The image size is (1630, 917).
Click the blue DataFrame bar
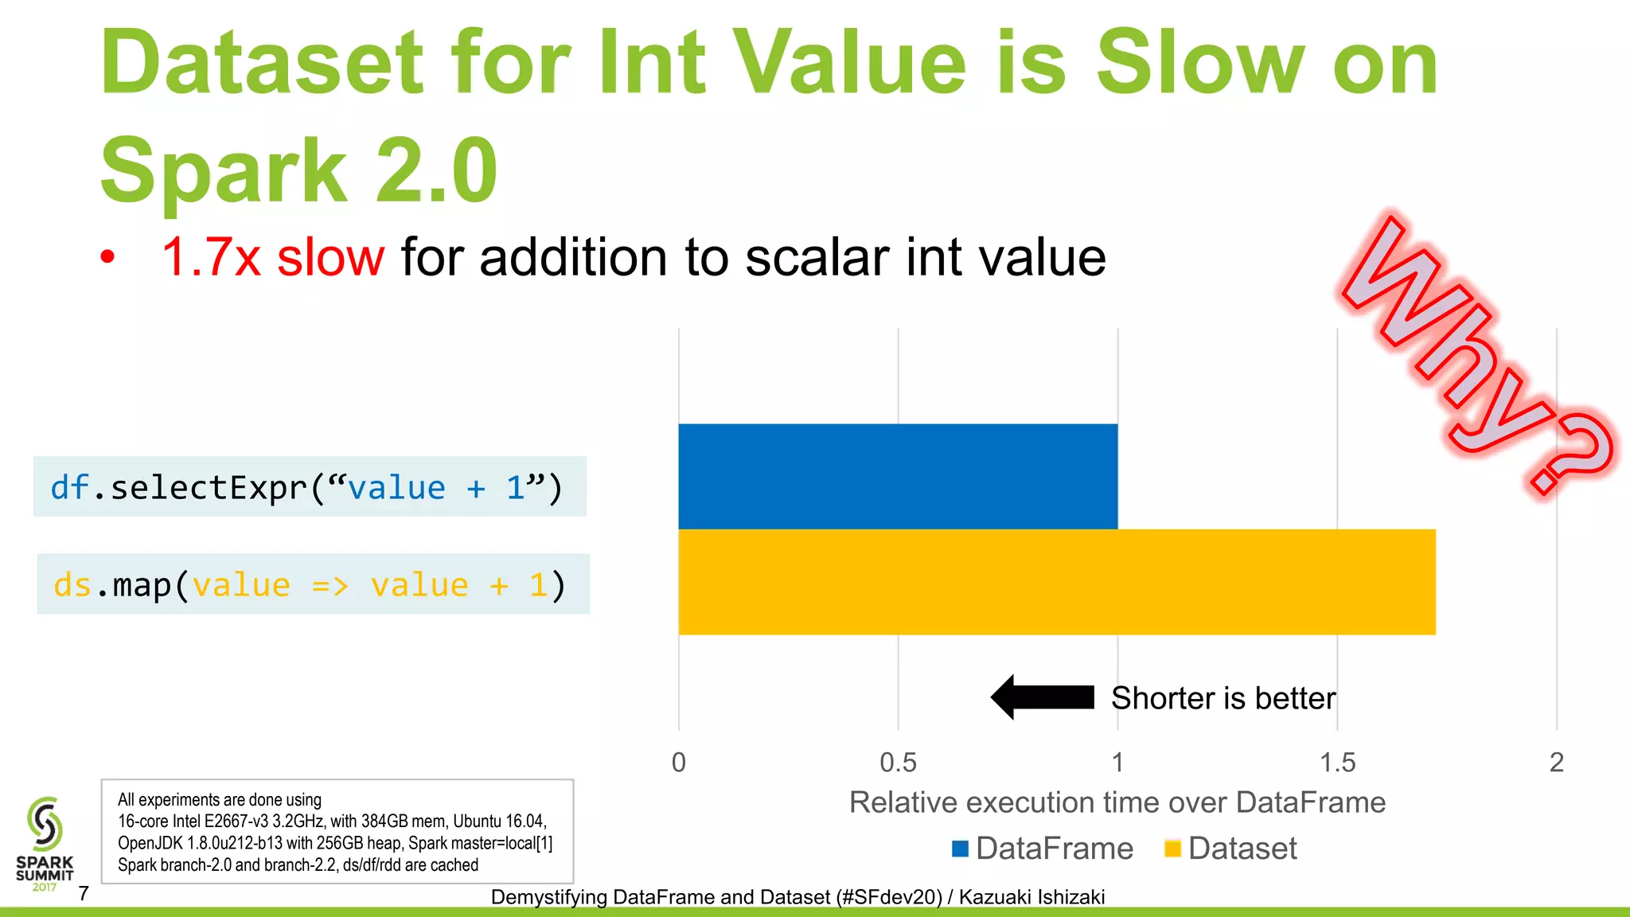tap(898, 476)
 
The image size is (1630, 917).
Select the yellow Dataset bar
tap(1057, 582)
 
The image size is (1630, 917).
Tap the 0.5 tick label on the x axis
tap(898, 763)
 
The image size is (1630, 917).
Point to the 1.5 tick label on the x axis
tap(1337, 763)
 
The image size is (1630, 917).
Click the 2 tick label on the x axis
tap(1557, 763)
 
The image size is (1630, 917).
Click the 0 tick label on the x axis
tap(679, 763)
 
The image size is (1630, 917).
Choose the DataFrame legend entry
tap(1043, 849)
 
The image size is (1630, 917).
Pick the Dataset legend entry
tap(1230, 849)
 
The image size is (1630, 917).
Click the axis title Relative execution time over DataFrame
tap(1117, 802)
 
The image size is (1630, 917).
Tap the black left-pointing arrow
tap(1043, 697)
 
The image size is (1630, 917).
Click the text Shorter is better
tap(1223, 698)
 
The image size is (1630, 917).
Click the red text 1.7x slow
tap(273, 258)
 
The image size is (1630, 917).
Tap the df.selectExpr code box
tap(310, 486)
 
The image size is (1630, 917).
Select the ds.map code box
tap(313, 584)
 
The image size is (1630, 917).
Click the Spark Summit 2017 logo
tap(45, 844)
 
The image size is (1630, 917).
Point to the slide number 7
tap(84, 893)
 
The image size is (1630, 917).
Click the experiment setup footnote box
tap(337, 831)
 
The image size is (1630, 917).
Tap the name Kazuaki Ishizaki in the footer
tap(1031, 897)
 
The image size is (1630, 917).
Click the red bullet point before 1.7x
tap(107, 257)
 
